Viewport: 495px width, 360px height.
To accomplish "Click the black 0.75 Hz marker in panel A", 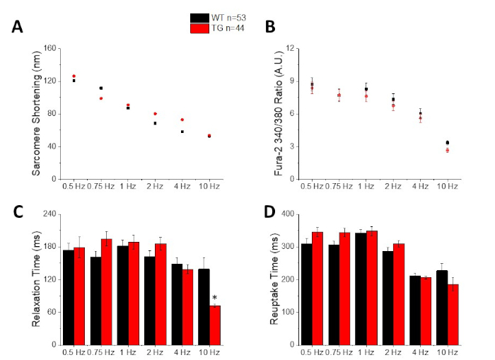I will tap(101, 88).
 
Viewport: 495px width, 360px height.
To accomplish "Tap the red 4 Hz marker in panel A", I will tap(182, 120).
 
